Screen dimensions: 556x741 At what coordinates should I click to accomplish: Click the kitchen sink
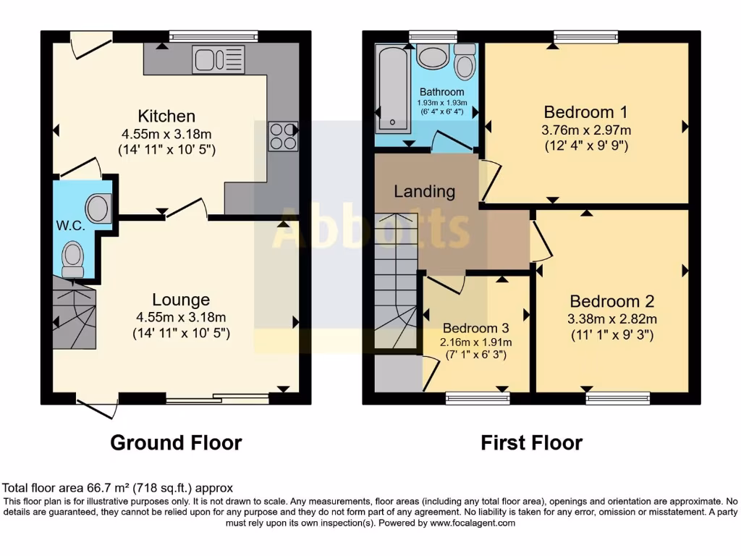click(x=219, y=60)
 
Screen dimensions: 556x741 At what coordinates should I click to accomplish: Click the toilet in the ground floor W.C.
click(x=72, y=258)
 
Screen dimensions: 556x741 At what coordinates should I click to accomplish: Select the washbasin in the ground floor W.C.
click(x=98, y=208)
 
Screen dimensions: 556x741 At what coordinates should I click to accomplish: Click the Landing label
click(x=424, y=192)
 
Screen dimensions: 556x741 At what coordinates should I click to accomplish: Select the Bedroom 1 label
click(x=585, y=112)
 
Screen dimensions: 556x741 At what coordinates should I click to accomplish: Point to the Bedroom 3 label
click(x=477, y=327)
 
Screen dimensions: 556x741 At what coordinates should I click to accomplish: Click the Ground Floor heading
click(x=176, y=442)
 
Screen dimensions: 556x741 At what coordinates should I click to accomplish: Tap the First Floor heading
click(x=531, y=442)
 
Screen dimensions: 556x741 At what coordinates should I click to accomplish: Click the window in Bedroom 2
click(x=617, y=397)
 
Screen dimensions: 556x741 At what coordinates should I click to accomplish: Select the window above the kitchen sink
click(x=213, y=35)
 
